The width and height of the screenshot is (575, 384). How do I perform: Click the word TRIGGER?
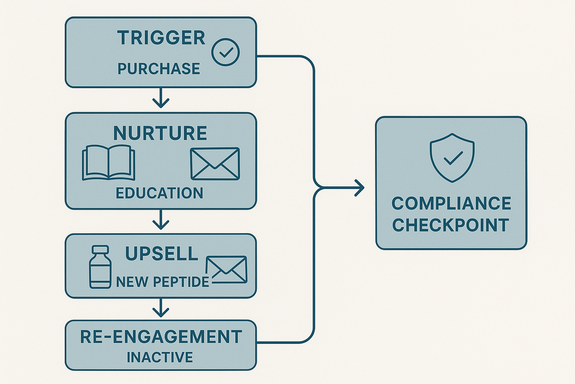(161, 38)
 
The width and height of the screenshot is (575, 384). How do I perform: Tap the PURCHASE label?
(159, 69)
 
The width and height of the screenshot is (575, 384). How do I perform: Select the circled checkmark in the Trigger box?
(225, 52)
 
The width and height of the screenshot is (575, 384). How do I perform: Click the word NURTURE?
(160, 133)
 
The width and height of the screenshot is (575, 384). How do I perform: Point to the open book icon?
(109, 163)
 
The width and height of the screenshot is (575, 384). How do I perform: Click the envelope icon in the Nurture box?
(215, 163)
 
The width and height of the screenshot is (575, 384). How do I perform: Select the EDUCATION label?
(159, 193)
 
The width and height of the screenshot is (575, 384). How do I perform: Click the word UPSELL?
(162, 254)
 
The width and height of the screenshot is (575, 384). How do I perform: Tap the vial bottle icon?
(100, 267)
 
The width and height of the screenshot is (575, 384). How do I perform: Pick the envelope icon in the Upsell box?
(227, 270)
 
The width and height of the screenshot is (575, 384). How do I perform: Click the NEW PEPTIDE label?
(162, 282)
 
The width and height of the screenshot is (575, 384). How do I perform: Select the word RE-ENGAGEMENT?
(161, 337)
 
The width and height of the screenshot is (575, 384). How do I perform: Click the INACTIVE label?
(160, 357)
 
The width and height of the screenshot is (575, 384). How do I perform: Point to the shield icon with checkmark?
(452, 157)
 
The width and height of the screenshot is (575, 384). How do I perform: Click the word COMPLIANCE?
(451, 204)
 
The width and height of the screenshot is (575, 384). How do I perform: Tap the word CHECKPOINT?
(450, 225)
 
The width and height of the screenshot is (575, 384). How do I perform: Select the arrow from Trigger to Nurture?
(161, 98)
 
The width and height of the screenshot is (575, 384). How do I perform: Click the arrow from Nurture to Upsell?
(161, 220)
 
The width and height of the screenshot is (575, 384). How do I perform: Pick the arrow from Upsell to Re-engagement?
(161, 308)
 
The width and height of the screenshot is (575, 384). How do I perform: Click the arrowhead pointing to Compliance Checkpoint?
(360, 188)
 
